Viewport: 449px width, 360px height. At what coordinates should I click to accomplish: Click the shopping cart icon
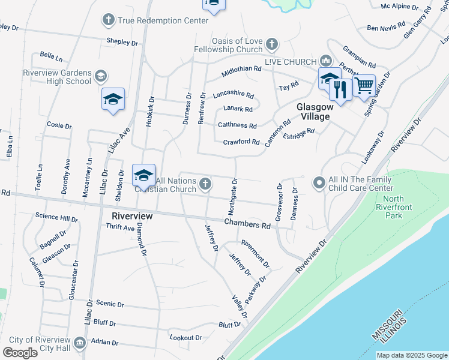(364, 86)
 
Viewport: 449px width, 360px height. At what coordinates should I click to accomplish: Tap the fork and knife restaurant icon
(340, 89)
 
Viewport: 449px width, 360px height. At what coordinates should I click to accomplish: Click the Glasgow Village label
(313, 112)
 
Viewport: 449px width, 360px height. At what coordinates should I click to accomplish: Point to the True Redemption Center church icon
(109, 20)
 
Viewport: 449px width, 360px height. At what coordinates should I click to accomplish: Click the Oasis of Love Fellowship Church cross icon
(272, 43)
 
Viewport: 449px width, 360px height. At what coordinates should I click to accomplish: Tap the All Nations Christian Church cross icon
(205, 184)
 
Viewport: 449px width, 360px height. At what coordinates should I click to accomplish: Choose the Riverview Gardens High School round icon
(101, 77)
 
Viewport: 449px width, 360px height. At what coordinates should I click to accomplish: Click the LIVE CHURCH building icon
(326, 61)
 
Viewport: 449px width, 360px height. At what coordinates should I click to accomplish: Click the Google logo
(20, 353)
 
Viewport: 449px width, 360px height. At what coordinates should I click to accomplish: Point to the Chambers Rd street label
(247, 224)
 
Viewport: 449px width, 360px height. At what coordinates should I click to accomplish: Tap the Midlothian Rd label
(241, 69)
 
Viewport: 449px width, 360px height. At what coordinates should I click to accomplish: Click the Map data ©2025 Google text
(411, 355)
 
